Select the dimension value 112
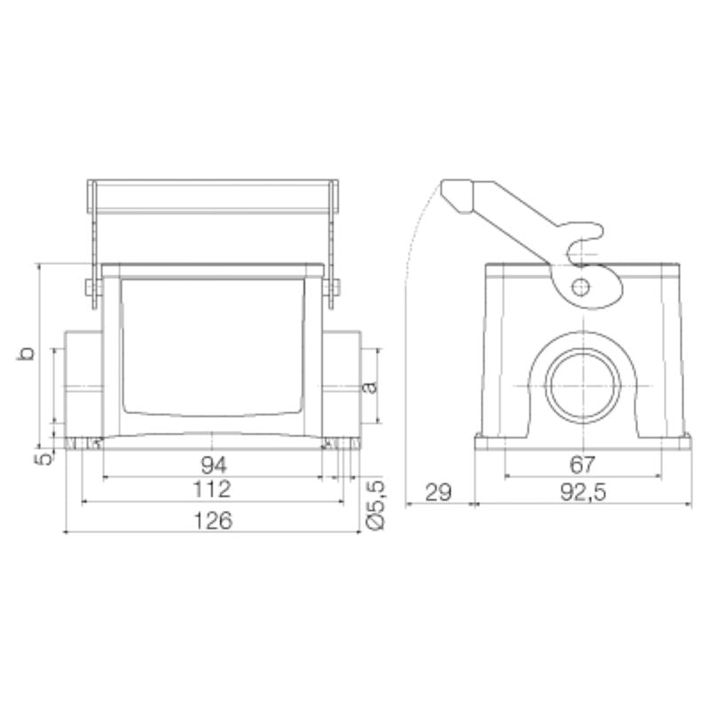point(213,489)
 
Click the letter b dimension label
point(28,353)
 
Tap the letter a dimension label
point(370,385)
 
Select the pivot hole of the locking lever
point(580,287)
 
